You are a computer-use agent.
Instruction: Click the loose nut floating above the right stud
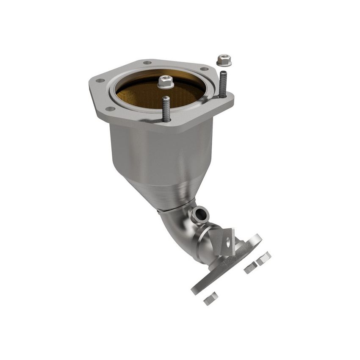(224, 60)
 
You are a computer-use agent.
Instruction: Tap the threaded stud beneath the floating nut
(223, 84)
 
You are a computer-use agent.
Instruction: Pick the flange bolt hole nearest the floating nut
(204, 69)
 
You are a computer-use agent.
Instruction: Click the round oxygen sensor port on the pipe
(200, 215)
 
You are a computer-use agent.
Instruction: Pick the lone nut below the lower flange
(210, 299)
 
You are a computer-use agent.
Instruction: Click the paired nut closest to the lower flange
(250, 267)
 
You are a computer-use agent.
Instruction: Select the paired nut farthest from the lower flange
(263, 258)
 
